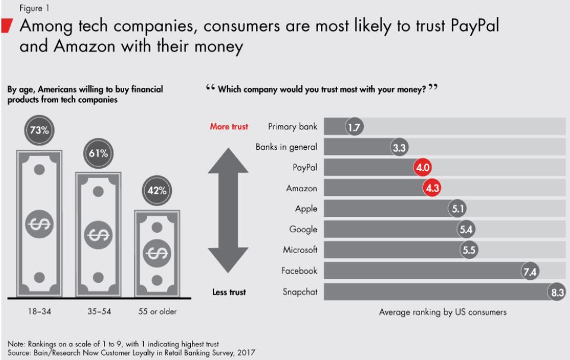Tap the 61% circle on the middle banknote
tap(99, 153)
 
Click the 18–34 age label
tap(39, 311)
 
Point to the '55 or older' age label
tap(158, 311)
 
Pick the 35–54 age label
tap(98, 311)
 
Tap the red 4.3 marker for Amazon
tap(432, 188)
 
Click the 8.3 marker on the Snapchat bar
tap(556, 292)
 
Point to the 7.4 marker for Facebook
tap(530, 271)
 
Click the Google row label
tap(303, 229)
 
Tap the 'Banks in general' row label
tap(286, 147)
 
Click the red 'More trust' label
tap(229, 127)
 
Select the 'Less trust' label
tap(229, 292)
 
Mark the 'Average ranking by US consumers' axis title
tap(443, 312)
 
